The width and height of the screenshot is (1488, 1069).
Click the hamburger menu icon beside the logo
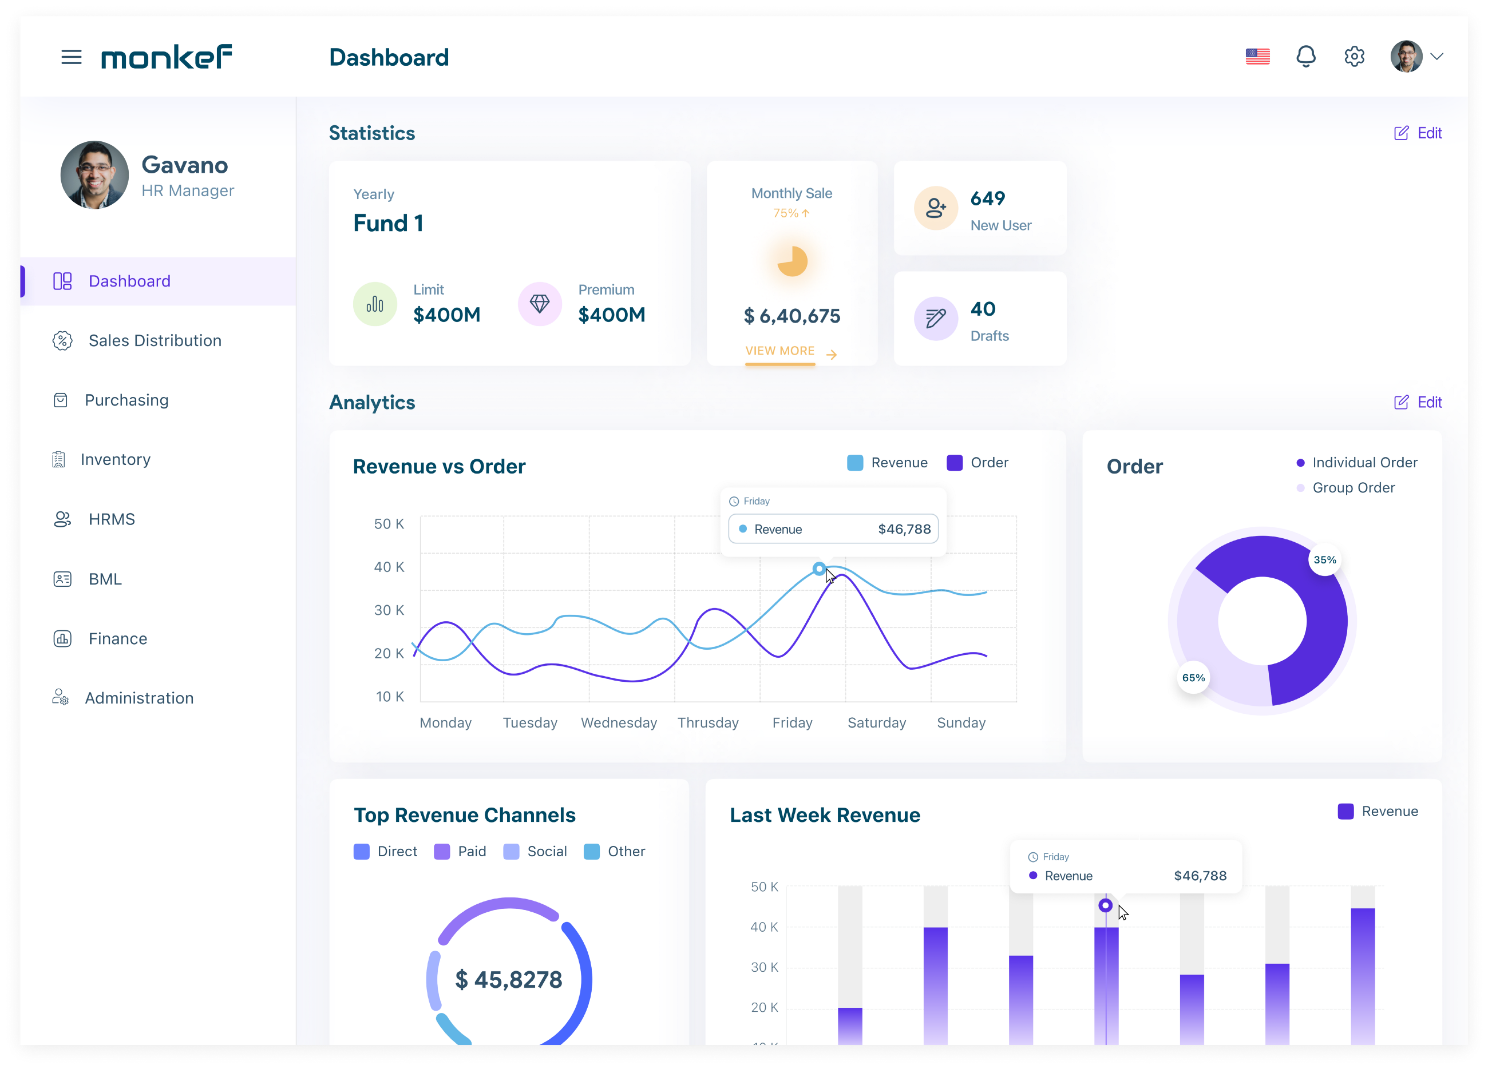[72, 57]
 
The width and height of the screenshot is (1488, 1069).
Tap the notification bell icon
[1305, 57]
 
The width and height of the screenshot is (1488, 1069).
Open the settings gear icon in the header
[1354, 57]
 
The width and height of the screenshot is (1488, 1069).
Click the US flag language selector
[1257, 57]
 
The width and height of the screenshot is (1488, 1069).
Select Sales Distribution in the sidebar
[155, 340]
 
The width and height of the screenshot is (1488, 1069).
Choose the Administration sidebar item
[139, 698]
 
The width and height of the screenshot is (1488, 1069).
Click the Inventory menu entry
[116, 460]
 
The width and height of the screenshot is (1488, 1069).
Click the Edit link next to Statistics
[1418, 133]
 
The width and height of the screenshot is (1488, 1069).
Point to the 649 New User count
[987, 198]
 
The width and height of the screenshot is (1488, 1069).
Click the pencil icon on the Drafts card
[936, 319]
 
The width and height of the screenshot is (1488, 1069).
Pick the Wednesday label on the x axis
[619, 723]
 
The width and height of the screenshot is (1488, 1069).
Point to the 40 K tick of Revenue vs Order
[389, 567]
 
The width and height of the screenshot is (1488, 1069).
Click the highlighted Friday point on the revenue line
[819, 569]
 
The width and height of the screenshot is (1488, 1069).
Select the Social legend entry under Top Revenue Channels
[535, 851]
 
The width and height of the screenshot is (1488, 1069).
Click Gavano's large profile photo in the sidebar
[94, 175]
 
